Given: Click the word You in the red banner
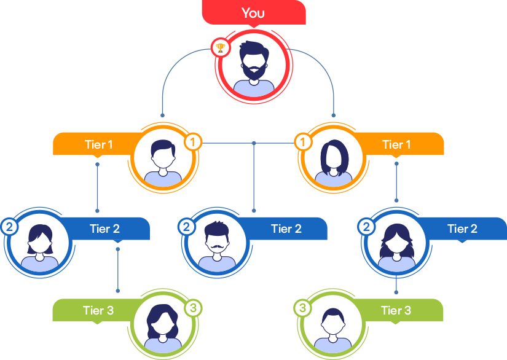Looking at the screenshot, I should [253, 13].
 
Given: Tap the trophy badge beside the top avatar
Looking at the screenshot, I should [219, 47].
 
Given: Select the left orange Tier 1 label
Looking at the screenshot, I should [98, 145].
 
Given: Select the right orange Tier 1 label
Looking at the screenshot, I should [397, 145].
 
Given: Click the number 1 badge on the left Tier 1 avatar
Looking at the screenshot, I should [193, 143].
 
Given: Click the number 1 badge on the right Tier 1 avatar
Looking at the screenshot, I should [302, 143].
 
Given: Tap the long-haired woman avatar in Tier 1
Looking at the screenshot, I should [334, 158].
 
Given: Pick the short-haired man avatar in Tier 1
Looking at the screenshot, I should [163, 158].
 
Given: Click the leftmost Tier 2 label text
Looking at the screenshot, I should [104, 229].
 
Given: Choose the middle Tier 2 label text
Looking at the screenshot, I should [286, 229].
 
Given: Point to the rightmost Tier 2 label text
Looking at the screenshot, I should [462, 229].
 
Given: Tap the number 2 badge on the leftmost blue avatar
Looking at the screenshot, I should [9, 227].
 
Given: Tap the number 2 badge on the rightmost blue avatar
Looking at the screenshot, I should [367, 227].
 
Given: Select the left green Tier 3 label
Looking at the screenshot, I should [98, 310].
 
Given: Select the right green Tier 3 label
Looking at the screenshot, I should [396, 310].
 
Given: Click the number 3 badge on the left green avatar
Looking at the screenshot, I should [193, 307].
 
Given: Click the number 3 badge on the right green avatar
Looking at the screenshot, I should [302, 307].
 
